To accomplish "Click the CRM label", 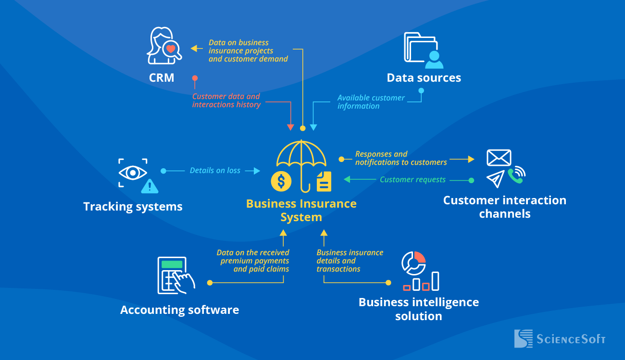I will pyautogui.click(x=162, y=78).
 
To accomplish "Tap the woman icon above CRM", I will pyautogui.click(x=163, y=46).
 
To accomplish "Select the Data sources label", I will pyautogui.click(x=424, y=78).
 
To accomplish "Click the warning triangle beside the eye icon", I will pyautogui.click(x=150, y=185).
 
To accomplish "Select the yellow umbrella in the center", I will pyautogui.click(x=301, y=159).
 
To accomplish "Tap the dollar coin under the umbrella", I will pyautogui.click(x=281, y=181).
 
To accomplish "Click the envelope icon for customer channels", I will pyautogui.click(x=499, y=158).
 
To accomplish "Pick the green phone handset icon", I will pyautogui.click(x=517, y=176).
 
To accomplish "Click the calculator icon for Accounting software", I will pyautogui.click(x=172, y=275).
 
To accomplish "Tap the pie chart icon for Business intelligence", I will pyautogui.click(x=413, y=262).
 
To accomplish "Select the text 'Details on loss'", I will pyautogui.click(x=215, y=171).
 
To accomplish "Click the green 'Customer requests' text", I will pyautogui.click(x=412, y=180).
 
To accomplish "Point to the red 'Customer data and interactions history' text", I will pyautogui.click(x=226, y=100).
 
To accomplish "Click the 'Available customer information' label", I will pyautogui.click(x=371, y=102).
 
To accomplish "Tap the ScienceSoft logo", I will pyautogui.click(x=560, y=338).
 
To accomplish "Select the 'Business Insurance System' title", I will pyautogui.click(x=301, y=210).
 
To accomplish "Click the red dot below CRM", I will pyautogui.click(x=195, y=78).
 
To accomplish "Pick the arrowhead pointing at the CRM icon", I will pyautogui.click(x=194, y=48).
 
